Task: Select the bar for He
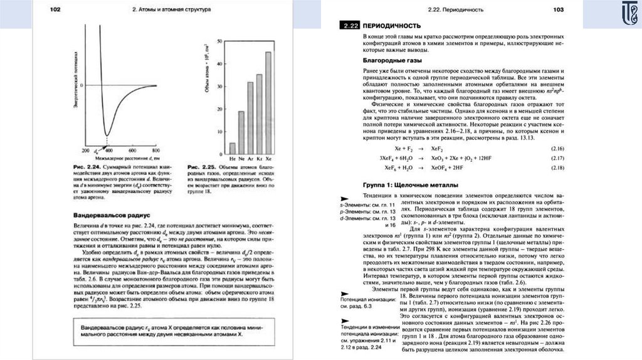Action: coord(233,148)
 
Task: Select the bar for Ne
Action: coord(241,132)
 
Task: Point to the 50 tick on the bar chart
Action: coord(219,41)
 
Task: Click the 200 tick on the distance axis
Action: coord(86,151)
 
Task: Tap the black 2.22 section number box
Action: coord(349,26)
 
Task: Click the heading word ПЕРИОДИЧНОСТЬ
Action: coord(392,26)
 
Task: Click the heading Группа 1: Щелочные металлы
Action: coord(411,186)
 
